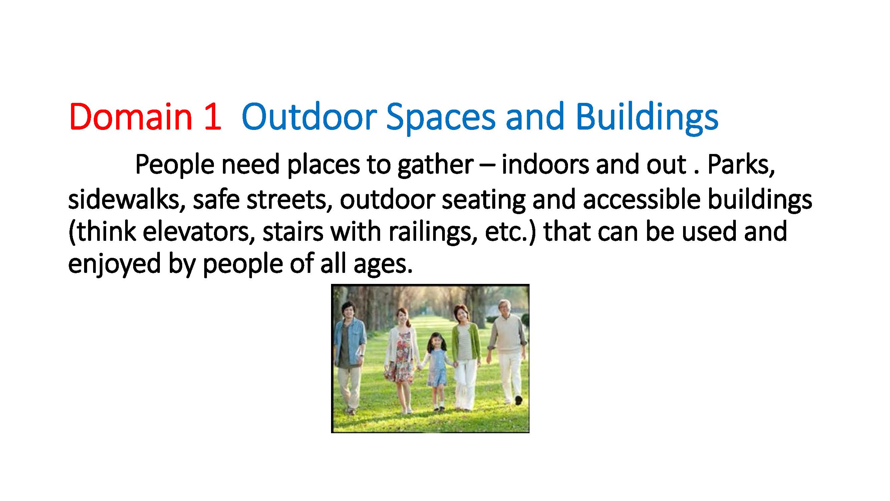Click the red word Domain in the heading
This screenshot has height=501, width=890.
pyautogui.click(x=130, y=117)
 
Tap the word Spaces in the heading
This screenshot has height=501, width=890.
pyautogui.click(x=441, y=119)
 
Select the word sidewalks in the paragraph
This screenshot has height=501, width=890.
pyautogui.click(x=126, y=200)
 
